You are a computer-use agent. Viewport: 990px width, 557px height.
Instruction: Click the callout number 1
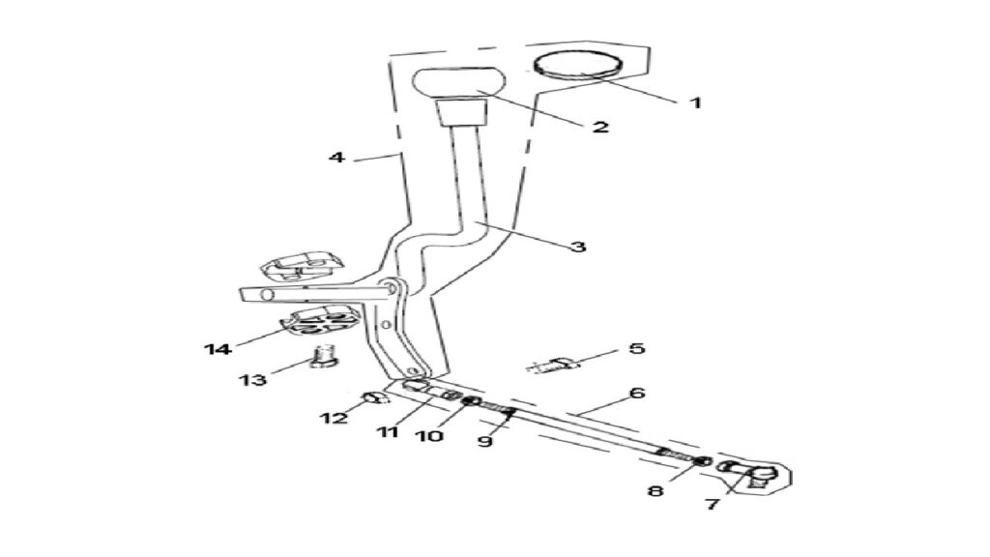(x=695, y=103)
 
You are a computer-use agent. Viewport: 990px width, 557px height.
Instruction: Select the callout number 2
(x=600, y=127)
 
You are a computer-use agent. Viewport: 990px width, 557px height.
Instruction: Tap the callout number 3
(x=578, y=246)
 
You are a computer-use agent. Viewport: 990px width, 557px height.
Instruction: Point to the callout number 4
(x=336, y=156)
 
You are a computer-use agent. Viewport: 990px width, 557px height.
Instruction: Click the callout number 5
(x=636, y=348)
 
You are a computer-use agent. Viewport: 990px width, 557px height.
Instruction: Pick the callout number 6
(x=637, y=393)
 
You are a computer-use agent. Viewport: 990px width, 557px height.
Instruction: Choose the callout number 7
(x=713, y=504)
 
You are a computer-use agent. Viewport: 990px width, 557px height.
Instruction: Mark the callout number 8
(x=656, y=490)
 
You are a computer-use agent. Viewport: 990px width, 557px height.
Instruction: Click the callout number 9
(x=485, y=441)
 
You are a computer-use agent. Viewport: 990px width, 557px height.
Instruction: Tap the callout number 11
(x=388, y=432)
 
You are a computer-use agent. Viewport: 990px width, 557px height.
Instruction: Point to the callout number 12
(x=334, y=418)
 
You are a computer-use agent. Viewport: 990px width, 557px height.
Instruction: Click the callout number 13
(x=252, y=380)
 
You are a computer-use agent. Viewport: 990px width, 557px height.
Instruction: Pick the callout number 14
(x=218, y=348)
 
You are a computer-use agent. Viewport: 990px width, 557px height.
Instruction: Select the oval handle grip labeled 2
(x=459, y=83)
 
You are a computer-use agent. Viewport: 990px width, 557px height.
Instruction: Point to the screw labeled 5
(x=554, y=365)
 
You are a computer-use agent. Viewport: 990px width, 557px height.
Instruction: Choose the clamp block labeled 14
(x=320, y=321)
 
